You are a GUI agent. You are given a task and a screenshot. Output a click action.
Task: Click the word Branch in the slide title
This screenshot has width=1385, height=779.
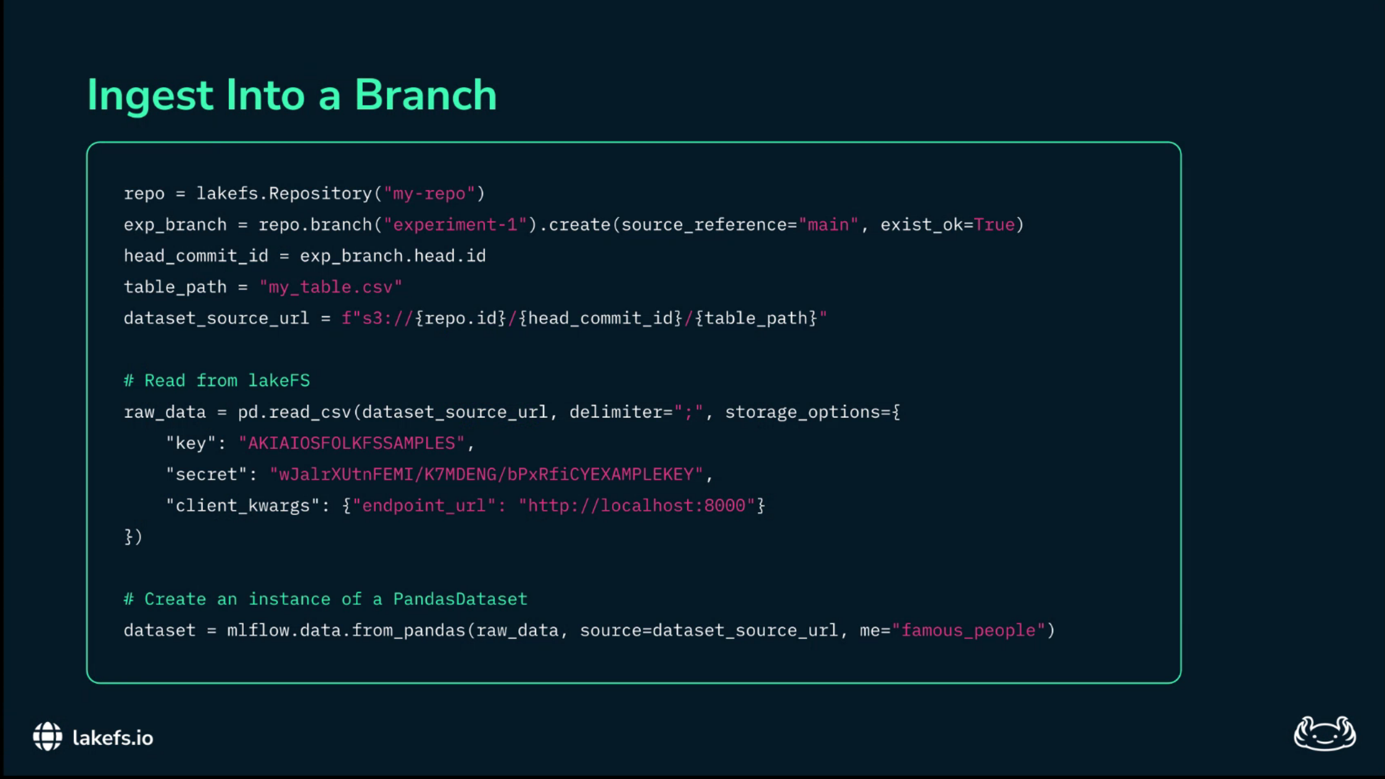click(x=425, y=95)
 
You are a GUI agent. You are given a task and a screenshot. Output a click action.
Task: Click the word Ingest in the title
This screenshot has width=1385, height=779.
click(x=150, y=95)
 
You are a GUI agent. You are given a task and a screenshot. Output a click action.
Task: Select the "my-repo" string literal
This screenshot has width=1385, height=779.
click(x=429, y=194)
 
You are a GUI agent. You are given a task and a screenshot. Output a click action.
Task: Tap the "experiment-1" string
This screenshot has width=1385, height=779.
click(x=455, y=225)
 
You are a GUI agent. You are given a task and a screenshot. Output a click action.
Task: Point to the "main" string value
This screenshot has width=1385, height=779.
click(x=829, y=225)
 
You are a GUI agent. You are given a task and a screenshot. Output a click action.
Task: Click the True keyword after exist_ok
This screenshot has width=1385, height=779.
click(x=994, y=225)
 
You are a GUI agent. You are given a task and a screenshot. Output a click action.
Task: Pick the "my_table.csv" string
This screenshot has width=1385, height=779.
click(x=331, y=287)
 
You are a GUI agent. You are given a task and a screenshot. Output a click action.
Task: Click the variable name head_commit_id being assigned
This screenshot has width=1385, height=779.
click(x=196, y=256)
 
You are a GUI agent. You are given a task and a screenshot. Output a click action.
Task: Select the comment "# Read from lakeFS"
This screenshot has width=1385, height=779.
click(x=217, y=381)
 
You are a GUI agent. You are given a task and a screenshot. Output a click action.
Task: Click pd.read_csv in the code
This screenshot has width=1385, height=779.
click(x=294, y=412)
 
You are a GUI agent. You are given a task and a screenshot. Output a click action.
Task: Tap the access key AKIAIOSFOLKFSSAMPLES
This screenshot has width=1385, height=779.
click(x=352, y=443)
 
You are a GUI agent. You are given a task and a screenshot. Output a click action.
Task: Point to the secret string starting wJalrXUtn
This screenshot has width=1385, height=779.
click(x=486, y=474)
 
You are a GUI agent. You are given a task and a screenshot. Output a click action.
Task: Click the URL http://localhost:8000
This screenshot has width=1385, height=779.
click(x=637, y=506)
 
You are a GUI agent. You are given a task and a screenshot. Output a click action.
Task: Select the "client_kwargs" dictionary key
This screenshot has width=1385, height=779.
click(x=242, y=506)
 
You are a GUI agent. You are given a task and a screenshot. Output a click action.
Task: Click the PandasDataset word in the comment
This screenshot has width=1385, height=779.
click(x=460, y=599)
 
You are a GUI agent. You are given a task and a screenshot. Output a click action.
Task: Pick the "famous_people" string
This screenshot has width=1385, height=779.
click(x=969, y=630)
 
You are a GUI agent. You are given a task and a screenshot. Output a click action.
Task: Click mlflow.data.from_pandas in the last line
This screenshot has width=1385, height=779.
click(x=345, y=630)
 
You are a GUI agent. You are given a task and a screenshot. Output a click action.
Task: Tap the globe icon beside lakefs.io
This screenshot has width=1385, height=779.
click(x=48, y=737)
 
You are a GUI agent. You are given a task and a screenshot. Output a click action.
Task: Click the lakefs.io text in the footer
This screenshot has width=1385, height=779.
click(x=113, y=738)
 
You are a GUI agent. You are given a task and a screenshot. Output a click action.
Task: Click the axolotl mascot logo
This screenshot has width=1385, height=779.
click(x=1324, y=733)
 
